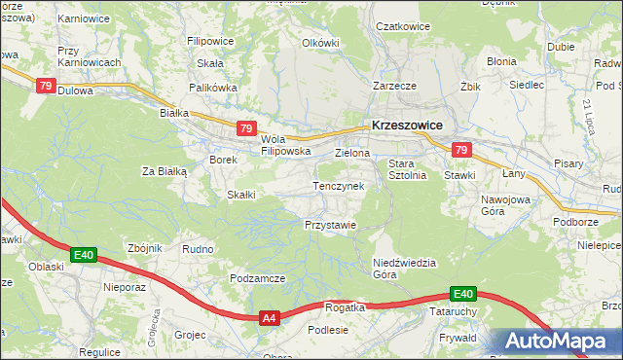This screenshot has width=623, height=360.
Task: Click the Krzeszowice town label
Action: tap(407, 126)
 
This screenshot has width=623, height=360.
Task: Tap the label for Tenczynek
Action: tap(338, 186)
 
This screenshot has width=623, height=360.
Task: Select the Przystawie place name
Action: tap(330, 225)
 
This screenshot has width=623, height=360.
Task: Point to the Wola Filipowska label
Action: tap(285, 145)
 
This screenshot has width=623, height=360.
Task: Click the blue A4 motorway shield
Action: tap(270, 317)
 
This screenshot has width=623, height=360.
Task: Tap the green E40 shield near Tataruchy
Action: tap(462, 294)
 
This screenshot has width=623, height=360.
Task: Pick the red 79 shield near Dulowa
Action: tap(45, 86)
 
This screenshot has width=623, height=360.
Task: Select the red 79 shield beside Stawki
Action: tap(461, 150)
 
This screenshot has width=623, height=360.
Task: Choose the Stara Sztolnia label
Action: tap(408, 169)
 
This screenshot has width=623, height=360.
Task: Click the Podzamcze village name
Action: tap(257, 278)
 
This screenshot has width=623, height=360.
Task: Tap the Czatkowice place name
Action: tap(403, 26)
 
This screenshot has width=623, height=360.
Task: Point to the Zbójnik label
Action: tap(144, 248)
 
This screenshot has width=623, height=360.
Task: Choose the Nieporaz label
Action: tap(124, 288)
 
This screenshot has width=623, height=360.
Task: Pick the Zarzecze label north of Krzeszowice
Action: tap(394, 86)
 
